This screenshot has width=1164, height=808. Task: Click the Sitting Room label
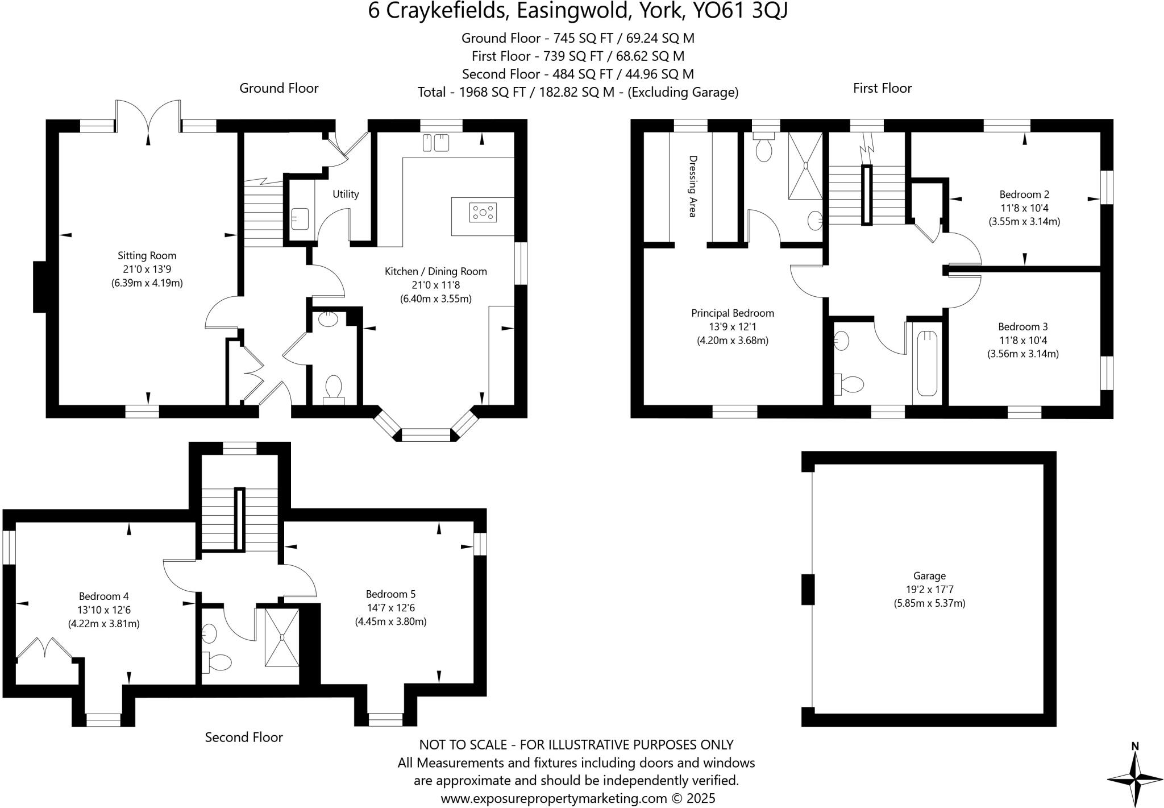[147, 256]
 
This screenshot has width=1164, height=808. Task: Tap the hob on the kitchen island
[483, 213]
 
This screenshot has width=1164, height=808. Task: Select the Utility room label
[346, 194]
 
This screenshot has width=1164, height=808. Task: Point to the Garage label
[929, 576]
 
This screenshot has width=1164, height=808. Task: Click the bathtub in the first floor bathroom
[927, 363]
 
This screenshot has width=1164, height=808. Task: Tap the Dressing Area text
[692, 186]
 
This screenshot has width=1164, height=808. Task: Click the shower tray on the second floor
[281, 636]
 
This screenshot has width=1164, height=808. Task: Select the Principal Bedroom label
[732, 313]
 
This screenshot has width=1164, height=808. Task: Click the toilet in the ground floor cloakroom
[333, 388]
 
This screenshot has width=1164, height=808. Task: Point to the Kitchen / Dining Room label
[435, 272]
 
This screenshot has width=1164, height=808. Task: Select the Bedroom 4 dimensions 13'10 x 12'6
[104, 610]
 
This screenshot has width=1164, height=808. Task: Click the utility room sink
[300, 217]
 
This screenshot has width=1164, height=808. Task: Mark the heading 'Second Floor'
[244, 737]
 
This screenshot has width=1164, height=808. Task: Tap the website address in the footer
[554, 798]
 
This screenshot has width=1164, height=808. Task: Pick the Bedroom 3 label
[1022, 327]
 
